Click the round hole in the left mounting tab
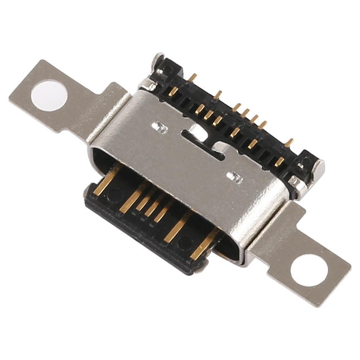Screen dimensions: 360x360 [x=49, y=95]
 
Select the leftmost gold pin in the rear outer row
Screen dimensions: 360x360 [x=192, y=78]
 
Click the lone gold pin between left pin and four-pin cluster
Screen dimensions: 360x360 [x=218, y=95]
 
